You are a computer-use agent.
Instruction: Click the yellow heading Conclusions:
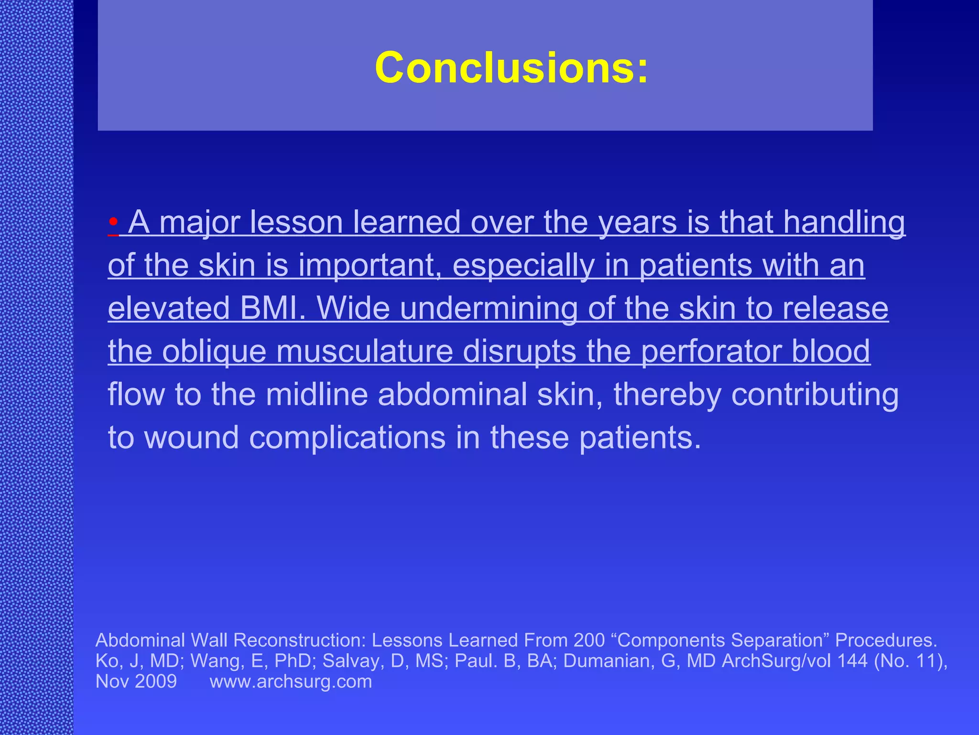coord(511,68)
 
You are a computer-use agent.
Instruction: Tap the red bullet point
coord(113,223)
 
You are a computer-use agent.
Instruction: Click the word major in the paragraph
coord(203,223)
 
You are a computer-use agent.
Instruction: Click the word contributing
coord(815,394)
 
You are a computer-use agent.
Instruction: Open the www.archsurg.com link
coord(291,681)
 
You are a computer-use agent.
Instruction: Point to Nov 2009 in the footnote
coord(136,681)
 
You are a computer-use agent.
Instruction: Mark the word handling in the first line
coord(844,223)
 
